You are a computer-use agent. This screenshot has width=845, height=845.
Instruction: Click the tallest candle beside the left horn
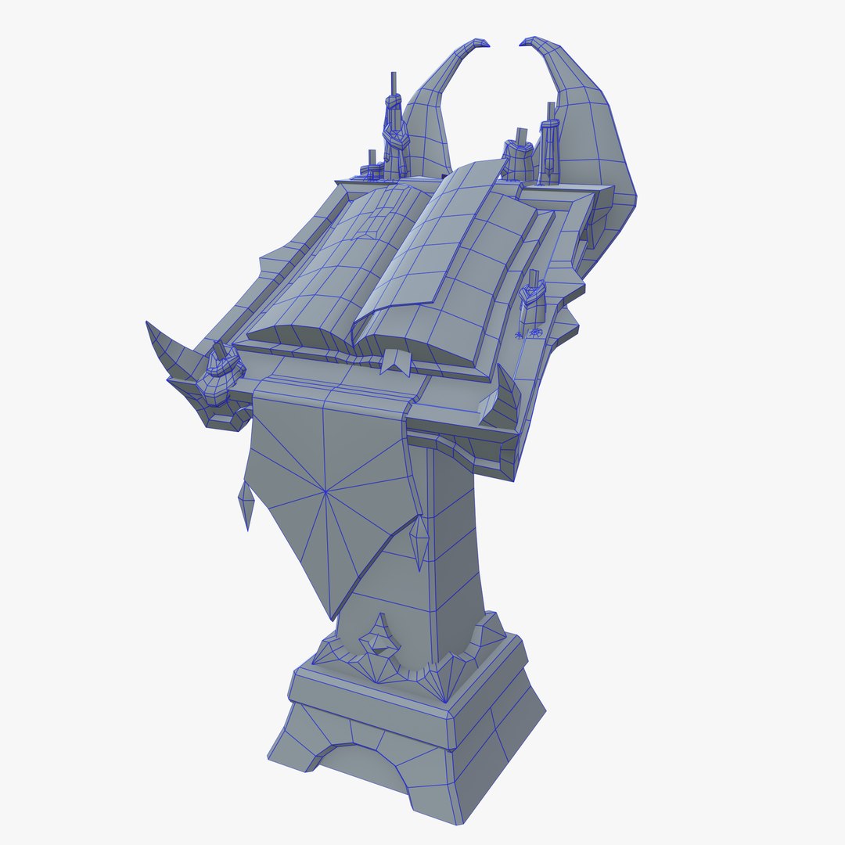[393, 117]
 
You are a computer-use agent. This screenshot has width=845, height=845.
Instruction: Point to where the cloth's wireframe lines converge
[325, 491]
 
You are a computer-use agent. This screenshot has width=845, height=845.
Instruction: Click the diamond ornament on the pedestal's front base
[379, 638]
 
